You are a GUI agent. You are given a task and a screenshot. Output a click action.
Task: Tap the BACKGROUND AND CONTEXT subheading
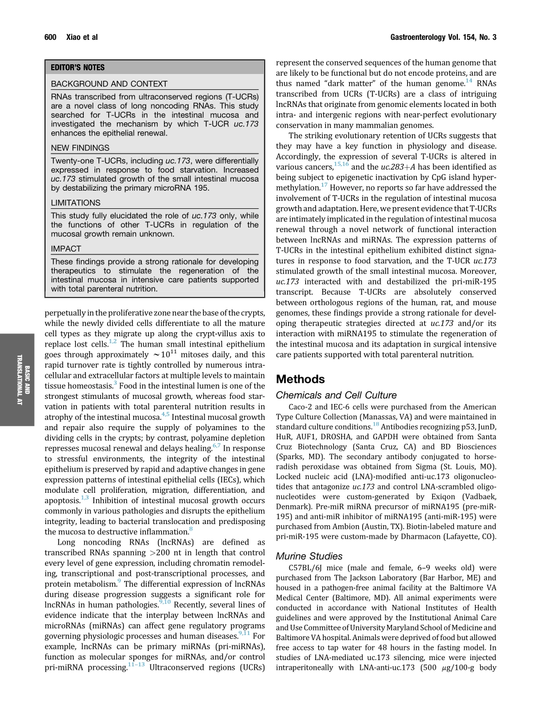click(x=109, y=84)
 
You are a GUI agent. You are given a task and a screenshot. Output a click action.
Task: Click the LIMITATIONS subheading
click(x=76, y=203)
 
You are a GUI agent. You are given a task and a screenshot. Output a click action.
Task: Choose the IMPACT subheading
click(x=66, y=249)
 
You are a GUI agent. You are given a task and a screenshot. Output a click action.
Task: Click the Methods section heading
click(x=300, y=379)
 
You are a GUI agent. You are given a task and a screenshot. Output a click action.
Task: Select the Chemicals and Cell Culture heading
click(x=336, y=395)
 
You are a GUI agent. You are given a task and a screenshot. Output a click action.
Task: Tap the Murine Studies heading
click(x=309, y=556)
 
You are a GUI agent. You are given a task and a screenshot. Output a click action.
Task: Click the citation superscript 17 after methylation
click(x=323, y=185)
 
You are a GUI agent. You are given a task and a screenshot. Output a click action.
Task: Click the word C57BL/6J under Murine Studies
click(x=307, y=568)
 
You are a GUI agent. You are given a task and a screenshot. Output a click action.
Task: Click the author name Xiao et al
click(x=82, y=38)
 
